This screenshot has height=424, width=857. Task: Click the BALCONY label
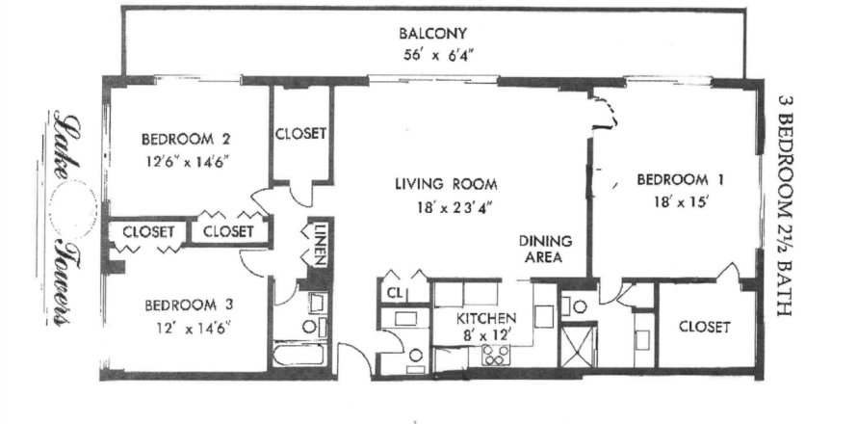coord(432,34)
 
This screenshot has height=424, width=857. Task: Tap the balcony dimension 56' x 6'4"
coord(432,56)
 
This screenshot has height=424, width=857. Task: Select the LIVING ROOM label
coord(446,184)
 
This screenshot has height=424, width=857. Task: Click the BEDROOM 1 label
coord(680,179)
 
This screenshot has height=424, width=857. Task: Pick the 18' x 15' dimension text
coord(681,201)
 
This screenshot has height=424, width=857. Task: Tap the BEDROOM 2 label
coord(185,139)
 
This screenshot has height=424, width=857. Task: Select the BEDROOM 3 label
coord(189,305)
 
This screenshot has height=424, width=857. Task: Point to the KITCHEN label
coord(486,318)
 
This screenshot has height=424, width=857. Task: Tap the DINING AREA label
coord(545,249)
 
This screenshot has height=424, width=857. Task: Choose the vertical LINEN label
coord(320,244)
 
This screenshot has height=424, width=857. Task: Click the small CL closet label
coord(395,294)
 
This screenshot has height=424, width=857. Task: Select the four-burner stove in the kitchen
coord(495,355)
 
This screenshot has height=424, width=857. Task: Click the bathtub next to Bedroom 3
coord(299,355)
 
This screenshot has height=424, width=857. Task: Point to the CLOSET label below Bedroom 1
coord(705,328)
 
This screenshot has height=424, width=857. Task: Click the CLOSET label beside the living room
coord(300,134)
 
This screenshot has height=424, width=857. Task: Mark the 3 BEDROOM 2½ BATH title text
coord(785,206)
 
